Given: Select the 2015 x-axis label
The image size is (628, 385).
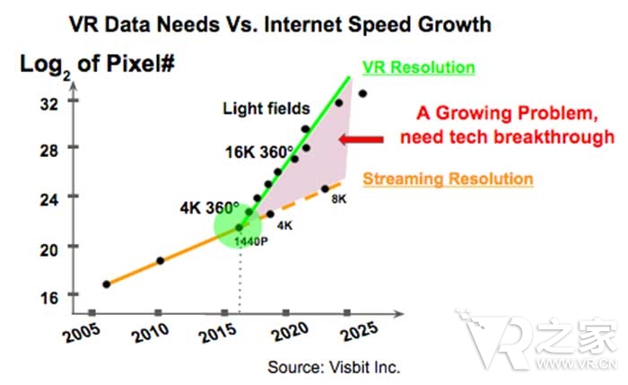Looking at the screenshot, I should click(x=218, y=334).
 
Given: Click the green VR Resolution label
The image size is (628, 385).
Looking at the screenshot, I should click(x=418, y=68).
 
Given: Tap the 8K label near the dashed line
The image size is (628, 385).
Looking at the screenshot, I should click(x=338, y=199).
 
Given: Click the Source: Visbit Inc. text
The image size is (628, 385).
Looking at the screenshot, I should click(x=334, y=367).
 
